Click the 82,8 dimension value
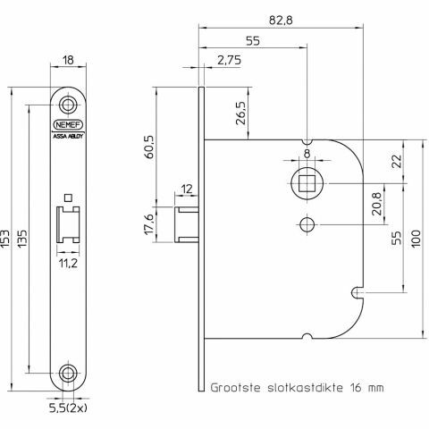281,21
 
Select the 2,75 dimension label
229,60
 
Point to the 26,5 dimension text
240,114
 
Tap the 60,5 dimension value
148,147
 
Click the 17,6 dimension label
148,224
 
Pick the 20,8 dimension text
376,204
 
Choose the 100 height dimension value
416,238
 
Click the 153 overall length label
5,239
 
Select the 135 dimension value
22,239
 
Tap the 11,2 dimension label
68,263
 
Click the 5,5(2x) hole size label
68,408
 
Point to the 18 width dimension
68,60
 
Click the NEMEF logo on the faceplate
68,125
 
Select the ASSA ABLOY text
68,137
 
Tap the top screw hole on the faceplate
68,105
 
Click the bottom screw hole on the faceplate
68,373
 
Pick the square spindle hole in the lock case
307,183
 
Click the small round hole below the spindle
307,224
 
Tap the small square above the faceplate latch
68,198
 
